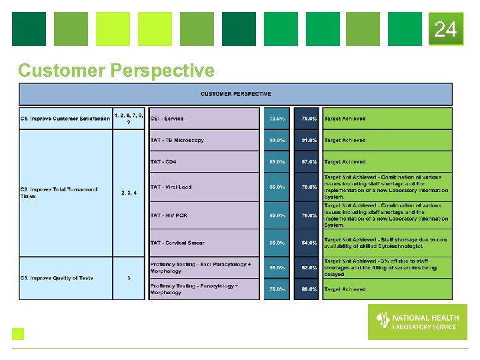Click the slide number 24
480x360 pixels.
pos(445,29)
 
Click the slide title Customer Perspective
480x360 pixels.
pos(117,70)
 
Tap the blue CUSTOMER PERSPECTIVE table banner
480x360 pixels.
pos(235,94)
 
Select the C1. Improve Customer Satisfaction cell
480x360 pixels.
pos(65,119)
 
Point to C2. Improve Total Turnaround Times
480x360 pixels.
pos(65,193)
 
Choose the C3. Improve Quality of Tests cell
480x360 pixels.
pos(65,278)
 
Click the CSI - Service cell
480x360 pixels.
pos(203,119)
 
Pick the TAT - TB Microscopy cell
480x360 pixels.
pos(203,140)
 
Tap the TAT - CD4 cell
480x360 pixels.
pos(203,162)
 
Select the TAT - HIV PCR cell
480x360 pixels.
pos(203,215)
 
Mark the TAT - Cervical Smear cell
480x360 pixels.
pos(203,243)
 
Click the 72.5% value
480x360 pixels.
pos(277,119)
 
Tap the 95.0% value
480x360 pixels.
pos(277,267)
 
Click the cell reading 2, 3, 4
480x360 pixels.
pos(129,193)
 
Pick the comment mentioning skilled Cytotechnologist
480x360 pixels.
pos(386,243)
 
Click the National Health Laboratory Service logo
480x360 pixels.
pos(417,321)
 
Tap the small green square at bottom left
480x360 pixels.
pos(18,334)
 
